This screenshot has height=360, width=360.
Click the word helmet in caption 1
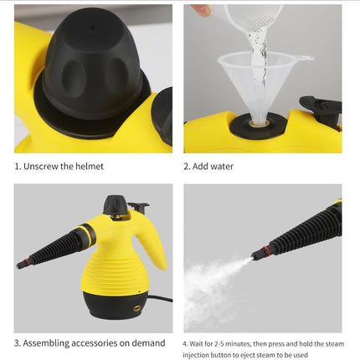88,166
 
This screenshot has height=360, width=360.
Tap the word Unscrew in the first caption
39,166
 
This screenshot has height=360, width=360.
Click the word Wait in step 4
198,342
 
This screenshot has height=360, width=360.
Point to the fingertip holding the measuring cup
200,10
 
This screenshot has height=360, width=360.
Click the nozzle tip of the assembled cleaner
21,265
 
